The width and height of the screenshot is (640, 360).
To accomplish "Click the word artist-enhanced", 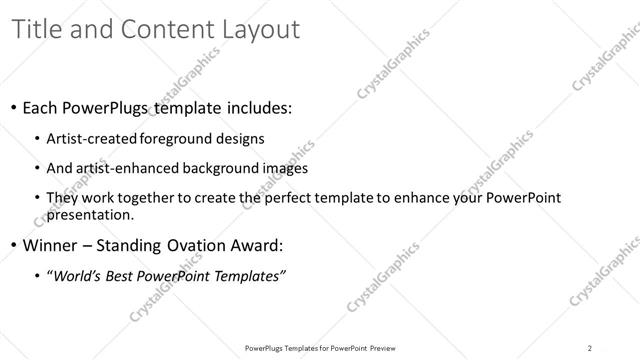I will click(x=124, y=168).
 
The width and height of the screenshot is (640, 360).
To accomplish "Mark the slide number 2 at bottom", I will click(x=590, y=347).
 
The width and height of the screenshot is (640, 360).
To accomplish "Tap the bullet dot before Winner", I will click(x=13, y=245).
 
